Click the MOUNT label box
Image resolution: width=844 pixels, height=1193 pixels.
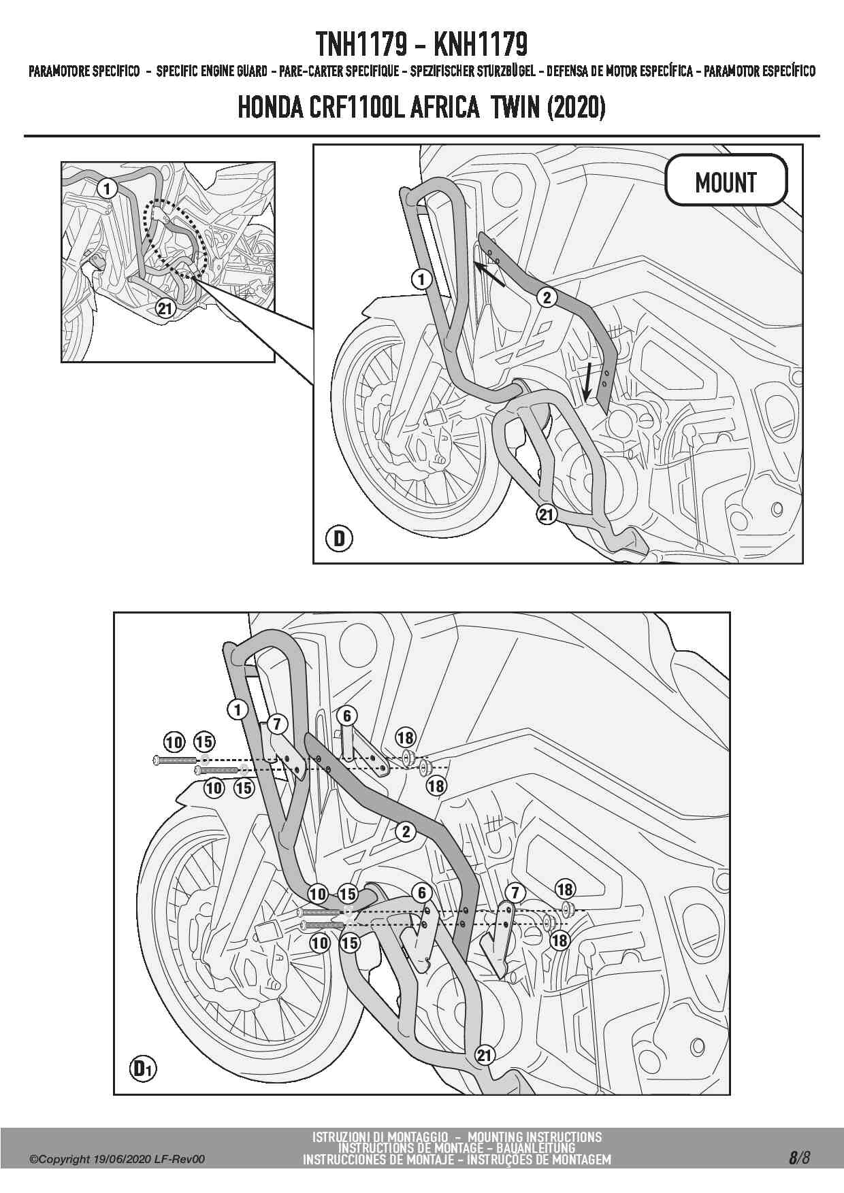coord(726,181)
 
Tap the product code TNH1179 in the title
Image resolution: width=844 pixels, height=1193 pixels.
coord(361,44)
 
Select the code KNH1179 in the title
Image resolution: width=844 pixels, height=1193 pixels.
coord(480,44)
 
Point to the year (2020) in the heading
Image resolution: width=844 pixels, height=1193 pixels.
coord(576,107)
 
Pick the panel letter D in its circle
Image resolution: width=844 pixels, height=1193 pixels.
coord(339,539)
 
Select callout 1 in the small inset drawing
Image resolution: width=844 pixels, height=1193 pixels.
coord(107,188)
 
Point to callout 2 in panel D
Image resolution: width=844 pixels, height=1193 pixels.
coord(547,297)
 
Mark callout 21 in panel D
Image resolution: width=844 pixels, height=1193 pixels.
coord(547,514)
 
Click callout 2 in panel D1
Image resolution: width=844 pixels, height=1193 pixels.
coord(406,831)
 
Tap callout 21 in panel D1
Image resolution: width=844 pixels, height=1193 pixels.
coord(484,1055)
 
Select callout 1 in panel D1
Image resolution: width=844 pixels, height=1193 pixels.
coord(237,710)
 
